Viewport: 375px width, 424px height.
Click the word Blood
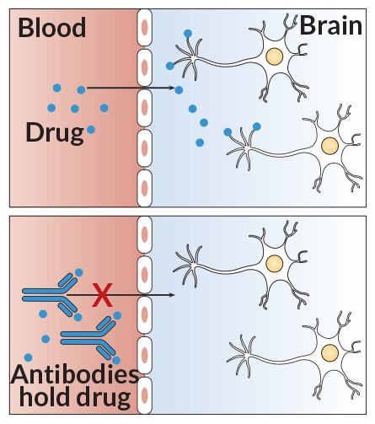pyautogui.click(x=52, y=27)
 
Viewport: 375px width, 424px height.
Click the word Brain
pyautogui.click(x=331, y=25)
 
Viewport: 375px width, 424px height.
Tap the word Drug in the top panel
pyautogui.click(x=55, y=133)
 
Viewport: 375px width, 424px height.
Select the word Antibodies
pyautogui.click(x=75, y=374)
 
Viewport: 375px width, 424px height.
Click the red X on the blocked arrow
pyautogui.click(x=103, y=295)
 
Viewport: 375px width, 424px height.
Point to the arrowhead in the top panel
pyautogui.click(x=172, y=88)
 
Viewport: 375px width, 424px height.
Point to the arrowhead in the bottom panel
pyautogui.click(x=172, y=295)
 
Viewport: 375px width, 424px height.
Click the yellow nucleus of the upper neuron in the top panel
pyautogui.click(x=275, y=56)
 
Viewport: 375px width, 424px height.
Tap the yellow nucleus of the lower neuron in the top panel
pyautogui.click(x=329, y=146)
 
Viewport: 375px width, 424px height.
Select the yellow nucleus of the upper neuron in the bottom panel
pyautogui.click(x=275, y=263)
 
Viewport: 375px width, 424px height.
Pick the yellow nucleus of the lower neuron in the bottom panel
pyautogui.click(x=329, y=352)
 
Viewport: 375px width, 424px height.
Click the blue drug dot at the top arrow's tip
pyautogui.click(x=179, y=90)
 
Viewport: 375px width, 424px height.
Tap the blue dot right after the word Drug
pyautogui.click(x=91, y=130)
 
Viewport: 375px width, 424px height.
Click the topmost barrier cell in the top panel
pyautogui.click(x=144, y=27)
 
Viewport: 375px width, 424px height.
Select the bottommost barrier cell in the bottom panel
pyautogui.click(x=144, y=395)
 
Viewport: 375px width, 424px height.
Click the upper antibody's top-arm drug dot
pyautogui.click(x=79, y=272)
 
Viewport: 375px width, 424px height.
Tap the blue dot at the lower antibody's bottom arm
pyautogui.click(x=116, y=360)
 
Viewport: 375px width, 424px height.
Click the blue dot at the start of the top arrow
pyautogui.click(x=81, y=90)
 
